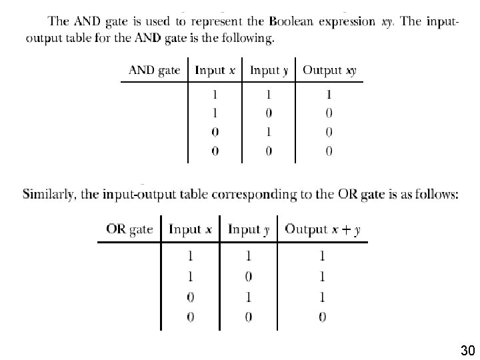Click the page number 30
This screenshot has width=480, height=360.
pos(467,350)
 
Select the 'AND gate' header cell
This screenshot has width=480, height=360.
pos(154,70)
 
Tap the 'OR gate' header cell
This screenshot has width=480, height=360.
pos(129,229)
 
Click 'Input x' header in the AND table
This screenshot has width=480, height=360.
pos(215,70)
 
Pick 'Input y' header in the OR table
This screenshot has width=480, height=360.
pos(249,229)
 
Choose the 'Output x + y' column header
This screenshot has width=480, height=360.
pos(323,229)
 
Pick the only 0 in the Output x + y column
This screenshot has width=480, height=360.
pos(323,317)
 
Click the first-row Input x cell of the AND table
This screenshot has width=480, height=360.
pos(215,95)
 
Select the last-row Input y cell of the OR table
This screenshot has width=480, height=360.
pos(249,317)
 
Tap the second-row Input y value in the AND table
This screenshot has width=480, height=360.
pos(269,113)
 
